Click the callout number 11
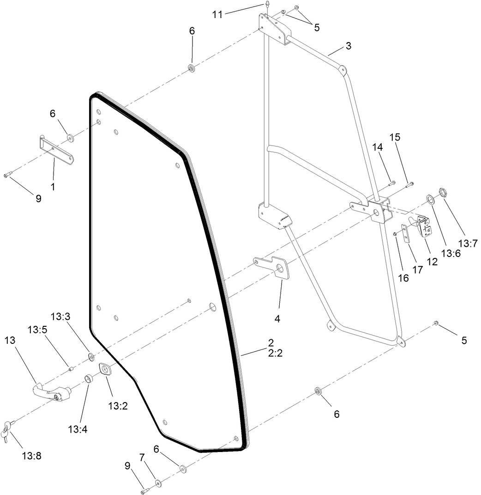217,14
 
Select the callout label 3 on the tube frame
348,46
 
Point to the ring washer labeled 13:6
430,199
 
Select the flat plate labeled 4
277,267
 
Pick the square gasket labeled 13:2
106,371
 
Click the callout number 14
378,147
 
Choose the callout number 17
418,269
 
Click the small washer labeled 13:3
91,356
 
